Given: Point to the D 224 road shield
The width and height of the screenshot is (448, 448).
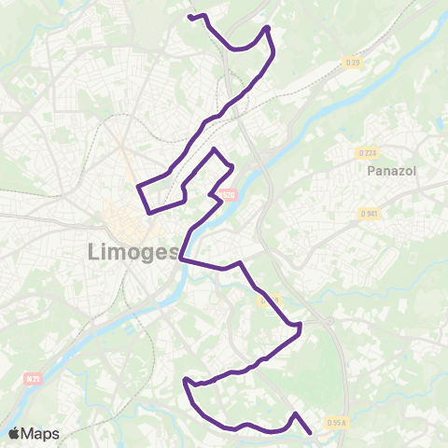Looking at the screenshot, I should pyautogui.click(x=366, y=152).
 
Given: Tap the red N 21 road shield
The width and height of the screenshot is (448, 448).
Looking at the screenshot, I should pyautogui.click(x=33, y=379).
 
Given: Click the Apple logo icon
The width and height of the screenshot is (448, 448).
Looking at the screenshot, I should pyautogui.click(x=14, y=433).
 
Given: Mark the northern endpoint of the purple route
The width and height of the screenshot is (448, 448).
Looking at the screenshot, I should pyautogui.click(x=189, y=17).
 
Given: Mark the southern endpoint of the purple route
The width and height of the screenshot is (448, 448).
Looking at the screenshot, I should pyautogui.click(x=310, y=432).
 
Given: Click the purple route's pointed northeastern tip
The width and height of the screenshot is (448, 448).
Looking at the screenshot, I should pyautogui.click(x=268, y=27).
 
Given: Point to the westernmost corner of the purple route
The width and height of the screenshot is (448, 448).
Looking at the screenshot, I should pyautogui.click(x=138, y=187).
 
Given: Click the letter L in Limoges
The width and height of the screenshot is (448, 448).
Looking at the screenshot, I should pyautogui.click(x=94, y=252).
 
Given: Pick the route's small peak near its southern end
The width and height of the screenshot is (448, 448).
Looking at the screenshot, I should pyautogui.click(x=295, y=413).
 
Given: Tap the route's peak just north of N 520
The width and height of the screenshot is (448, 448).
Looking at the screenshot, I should pyautogui.click(x=216, y=149).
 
